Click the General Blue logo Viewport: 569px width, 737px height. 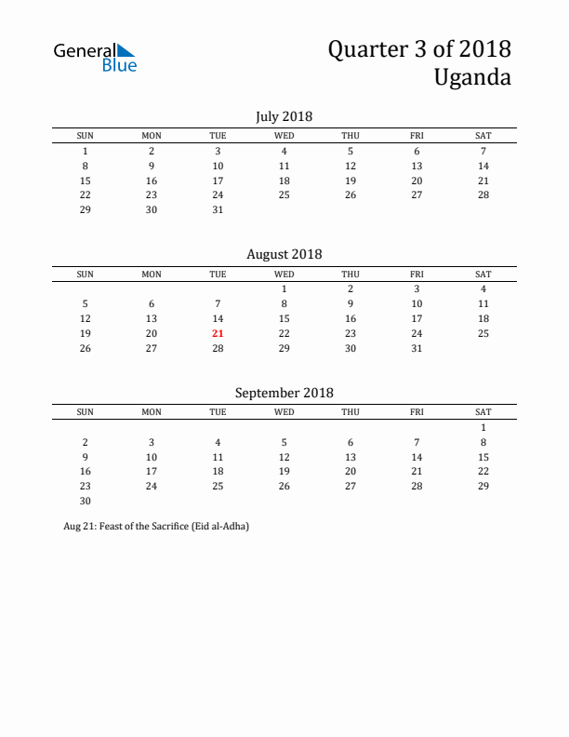[95, 57]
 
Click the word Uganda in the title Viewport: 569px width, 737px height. [471, 76]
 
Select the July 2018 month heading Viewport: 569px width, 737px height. [284, 116]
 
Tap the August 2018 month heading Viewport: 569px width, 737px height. [284, 254]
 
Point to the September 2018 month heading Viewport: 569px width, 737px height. [284, 393]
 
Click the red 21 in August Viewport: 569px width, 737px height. [218, 332]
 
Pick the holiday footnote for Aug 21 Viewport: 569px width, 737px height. [156, 526]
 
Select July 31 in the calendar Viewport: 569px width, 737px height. [218, 209]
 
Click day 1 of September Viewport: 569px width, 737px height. [483, 427]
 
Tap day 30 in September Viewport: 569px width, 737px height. [85, 501]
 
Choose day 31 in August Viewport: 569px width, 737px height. [417, 347]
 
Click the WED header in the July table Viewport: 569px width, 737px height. [284, 136]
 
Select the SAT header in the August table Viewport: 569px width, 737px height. [483, 274]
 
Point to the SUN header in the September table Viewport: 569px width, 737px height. [85, 411]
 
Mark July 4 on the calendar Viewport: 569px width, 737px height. [284, 151]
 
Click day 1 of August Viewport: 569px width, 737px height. [284, 288]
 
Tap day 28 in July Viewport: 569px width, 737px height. [483, 194]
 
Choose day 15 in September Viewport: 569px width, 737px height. [483, 457]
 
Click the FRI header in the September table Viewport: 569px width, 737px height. [417, 411]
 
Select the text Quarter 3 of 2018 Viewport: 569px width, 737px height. [418, 48]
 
